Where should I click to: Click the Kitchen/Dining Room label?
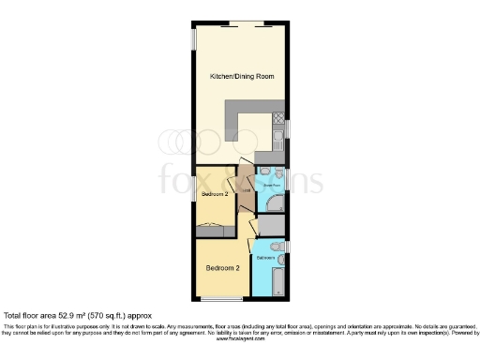pyautogui.click(x=240, y=75)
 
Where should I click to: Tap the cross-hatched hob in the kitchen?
pyautogui.click(x=278, y=119)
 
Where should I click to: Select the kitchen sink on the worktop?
pyautogui.click(x=278, y=138)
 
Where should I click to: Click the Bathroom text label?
pyautogui.click(x=266, y=256)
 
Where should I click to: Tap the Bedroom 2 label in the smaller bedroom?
pyautogui.click(x=217, y=194)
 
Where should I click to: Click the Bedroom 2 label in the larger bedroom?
pyautogui.click(x=223, y=268)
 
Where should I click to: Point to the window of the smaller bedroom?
pyautogui.click(x=194, y=187)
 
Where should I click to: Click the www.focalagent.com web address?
pyautogui.click(x=240, y=337)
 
